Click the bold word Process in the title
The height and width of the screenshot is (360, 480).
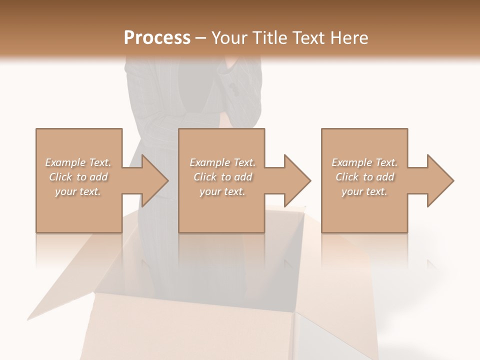[157, 37]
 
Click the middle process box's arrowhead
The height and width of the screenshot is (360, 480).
[296, 180]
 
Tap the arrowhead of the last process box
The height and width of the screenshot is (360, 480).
[439, 180]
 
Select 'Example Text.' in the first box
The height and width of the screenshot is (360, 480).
[78, 162]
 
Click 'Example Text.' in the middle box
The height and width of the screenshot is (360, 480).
[222, 162]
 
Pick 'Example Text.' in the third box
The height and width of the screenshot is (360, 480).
[364, 162]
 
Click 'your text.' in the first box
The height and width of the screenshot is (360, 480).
[78, 191]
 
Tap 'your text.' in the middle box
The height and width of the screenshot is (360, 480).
[222, 191]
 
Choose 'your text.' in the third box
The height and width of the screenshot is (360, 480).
[364, 191]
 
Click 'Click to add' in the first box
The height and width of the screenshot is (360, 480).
[78, 177]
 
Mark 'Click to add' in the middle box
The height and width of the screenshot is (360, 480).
[222, 177]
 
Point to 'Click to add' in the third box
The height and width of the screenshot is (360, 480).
[364, 177]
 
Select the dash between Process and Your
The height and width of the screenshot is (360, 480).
[200, 38]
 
